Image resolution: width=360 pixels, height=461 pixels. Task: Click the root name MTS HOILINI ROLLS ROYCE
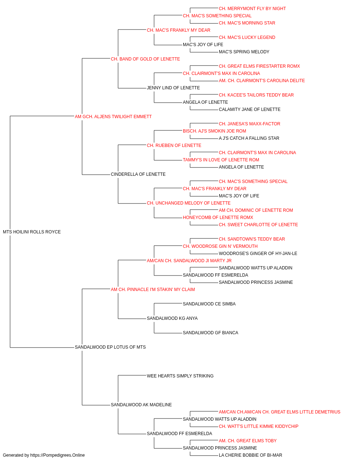point(32,232)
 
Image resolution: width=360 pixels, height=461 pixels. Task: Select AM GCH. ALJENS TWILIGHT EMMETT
point(113,117)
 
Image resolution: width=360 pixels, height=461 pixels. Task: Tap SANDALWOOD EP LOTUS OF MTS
point(110,347)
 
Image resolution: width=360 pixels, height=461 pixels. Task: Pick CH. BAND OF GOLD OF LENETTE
point(145,59)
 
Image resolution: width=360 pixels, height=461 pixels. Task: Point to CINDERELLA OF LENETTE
point(138,174)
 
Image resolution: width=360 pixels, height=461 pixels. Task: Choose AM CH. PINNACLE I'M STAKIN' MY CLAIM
point(153,290)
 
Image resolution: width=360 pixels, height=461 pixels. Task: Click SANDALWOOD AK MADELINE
point(141,405)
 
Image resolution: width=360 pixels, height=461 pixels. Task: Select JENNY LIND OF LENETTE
point(174,88)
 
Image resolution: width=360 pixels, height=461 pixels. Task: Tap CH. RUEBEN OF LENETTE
point(174,146)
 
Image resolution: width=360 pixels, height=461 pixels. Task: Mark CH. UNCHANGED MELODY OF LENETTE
point(189,203)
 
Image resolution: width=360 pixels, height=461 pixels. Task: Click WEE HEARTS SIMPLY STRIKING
point(180,376)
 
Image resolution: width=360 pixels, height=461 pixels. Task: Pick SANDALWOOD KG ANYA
point(172,318)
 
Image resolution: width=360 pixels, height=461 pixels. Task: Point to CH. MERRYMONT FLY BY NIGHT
point(252,9)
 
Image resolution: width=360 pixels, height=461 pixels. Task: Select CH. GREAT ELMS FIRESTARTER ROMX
point(259,66)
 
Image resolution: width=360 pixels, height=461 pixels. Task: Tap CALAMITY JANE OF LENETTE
point(249,109)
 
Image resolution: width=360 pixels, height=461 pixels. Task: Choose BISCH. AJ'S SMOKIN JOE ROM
point(215,131)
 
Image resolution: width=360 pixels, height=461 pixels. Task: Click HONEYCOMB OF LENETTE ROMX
point(218,218)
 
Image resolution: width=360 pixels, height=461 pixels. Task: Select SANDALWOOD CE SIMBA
point(209,304)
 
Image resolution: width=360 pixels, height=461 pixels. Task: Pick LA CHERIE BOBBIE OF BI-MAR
point(251,455)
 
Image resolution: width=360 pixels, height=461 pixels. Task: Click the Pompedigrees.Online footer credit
point(44,455)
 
